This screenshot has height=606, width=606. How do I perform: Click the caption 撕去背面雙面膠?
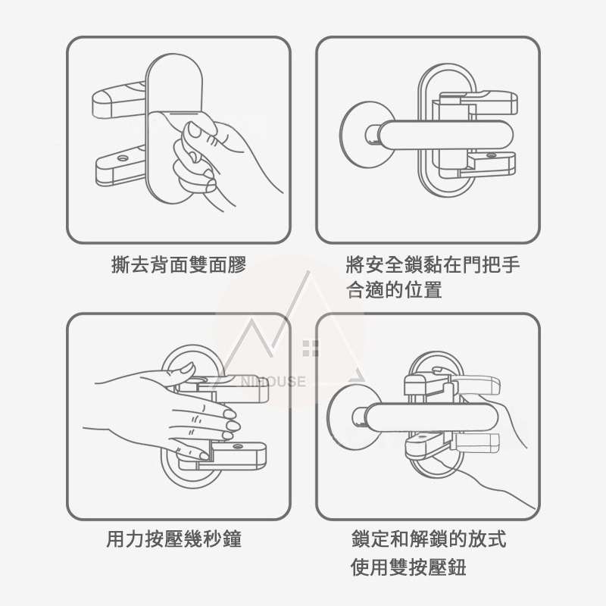click(178, 266)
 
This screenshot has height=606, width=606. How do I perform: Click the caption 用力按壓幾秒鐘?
click(178, 540)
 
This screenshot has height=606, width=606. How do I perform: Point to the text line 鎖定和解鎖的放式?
click(429, 539)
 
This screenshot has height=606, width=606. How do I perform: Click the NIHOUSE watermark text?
click(275, 381)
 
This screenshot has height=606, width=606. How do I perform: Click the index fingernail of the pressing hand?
click(228, 413)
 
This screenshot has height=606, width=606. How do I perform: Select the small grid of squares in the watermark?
click(309, 349)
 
